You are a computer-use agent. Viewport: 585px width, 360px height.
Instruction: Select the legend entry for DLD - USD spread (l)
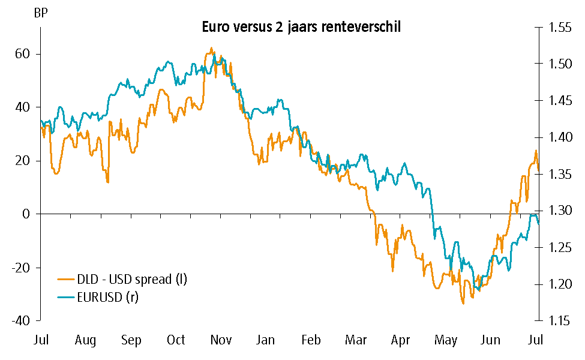tap(132, 279)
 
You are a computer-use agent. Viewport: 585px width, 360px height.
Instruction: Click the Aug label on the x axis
tap(86, 341)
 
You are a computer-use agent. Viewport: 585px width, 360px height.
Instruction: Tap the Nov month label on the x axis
tap(221, 341)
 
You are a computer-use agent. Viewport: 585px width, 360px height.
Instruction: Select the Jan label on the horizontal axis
tap(266, 341)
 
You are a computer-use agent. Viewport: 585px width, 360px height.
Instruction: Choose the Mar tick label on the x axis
tap(356, 341)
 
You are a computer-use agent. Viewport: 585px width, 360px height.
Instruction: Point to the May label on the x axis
tap(446, 341)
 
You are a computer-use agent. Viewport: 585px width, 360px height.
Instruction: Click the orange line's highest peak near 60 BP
tap(211, 48)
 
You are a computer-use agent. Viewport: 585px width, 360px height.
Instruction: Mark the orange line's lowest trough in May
tap(463, 304)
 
